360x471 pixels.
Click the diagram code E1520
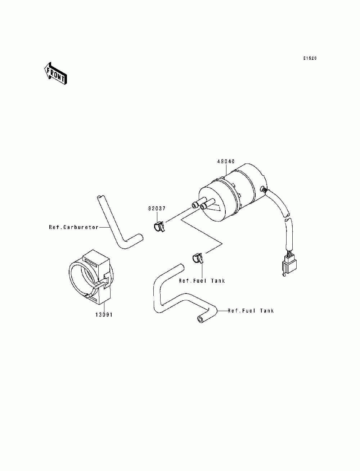click(309, 58)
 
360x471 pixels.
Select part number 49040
click(226, 162)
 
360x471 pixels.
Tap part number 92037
click(156, 208)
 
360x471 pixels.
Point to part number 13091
click(104, 315)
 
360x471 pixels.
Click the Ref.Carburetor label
click(74, 227)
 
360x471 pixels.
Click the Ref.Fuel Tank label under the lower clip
click(202, 281)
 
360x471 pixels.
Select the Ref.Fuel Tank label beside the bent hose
click(251, 311)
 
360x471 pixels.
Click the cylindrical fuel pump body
click(234, 194)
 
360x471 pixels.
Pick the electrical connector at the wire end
click(288, 266)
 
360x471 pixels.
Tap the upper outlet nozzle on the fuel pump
click(195, 205)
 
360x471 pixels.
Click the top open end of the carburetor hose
click(100, 197)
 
